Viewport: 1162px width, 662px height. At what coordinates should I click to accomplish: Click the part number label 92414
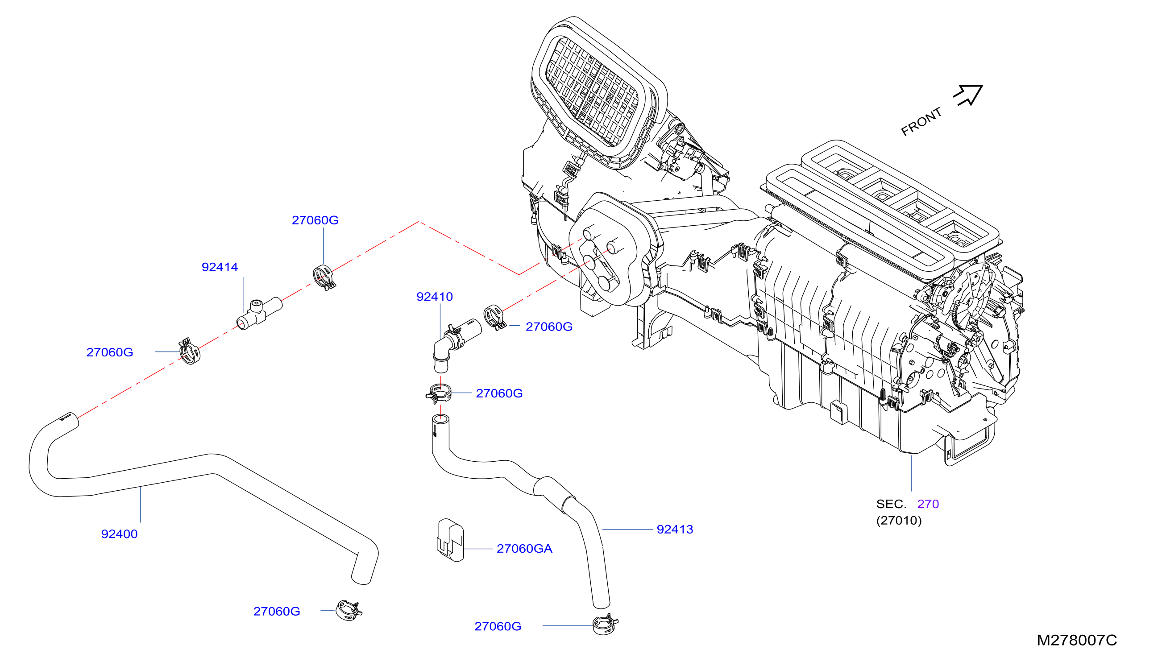click(x=220, y=267)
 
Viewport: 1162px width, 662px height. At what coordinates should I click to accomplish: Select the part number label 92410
click(x=434, y=297)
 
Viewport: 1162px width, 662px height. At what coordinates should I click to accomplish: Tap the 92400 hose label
click(x=119, y=534)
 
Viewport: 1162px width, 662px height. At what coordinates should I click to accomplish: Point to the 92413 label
click(x=675, y=529)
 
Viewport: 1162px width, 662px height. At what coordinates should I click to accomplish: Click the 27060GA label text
click(x=524, y=548)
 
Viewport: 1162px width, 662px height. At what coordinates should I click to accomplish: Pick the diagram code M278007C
click(x=1076, y=640)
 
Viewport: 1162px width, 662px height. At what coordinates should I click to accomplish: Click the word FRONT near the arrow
click(x=921, y=122)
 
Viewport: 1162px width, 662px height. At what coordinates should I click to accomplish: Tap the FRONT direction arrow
click(x=969, y=95)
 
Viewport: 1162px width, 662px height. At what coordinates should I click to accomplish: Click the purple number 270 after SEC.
click(x=928, y=504)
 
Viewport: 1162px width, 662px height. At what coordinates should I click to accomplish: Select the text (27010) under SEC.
click(x=899, y=520)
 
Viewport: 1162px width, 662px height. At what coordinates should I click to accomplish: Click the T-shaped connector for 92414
click(x=259, y=313)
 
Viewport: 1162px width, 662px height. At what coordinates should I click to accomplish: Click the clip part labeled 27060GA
click(x=450, y=540)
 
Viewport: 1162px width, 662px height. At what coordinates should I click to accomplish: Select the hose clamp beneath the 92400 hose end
click(x=349, y=610)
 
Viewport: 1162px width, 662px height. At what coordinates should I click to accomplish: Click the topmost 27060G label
click(x=315, y=220)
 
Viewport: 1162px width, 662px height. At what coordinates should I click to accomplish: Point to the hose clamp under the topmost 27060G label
click(x=324, y=277)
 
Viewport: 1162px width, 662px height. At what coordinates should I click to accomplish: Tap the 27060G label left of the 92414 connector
click(x=110, y=352)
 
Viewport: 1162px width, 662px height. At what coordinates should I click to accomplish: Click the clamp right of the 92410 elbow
click(x=494, y=317)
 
